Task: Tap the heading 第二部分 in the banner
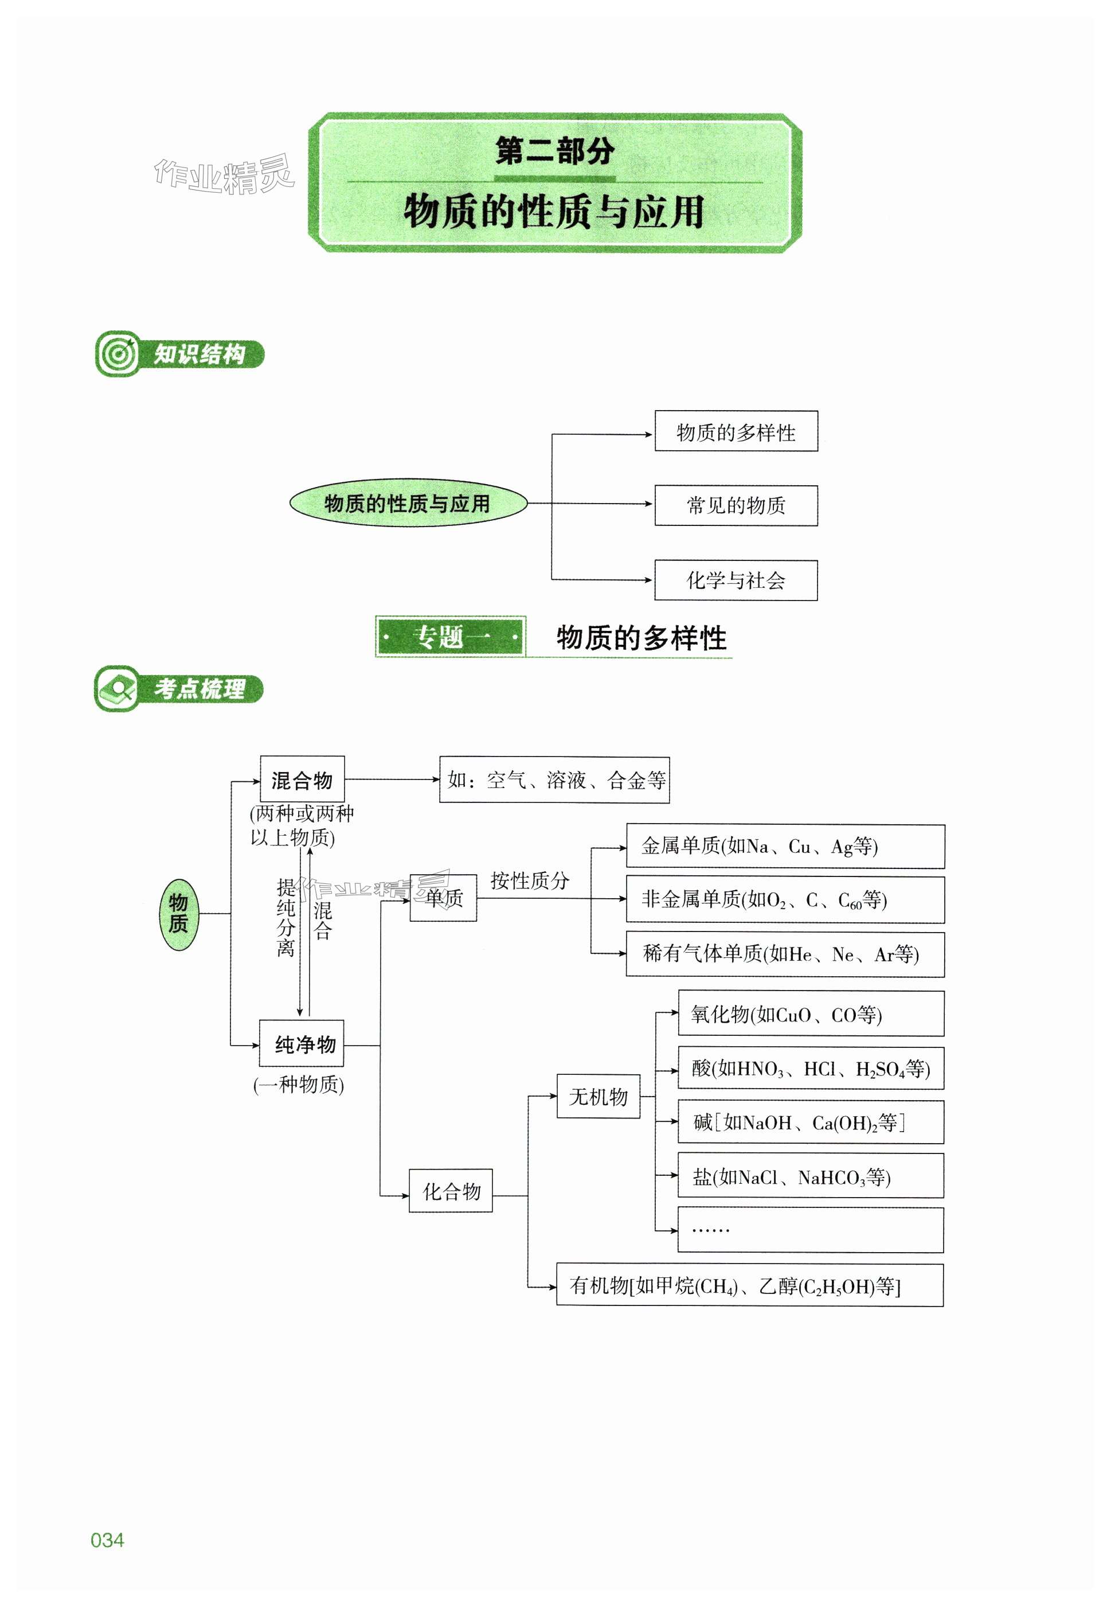555,151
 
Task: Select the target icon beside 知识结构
117,354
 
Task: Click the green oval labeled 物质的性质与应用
408,503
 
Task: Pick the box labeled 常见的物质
736,506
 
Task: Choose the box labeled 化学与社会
736,580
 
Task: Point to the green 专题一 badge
451,637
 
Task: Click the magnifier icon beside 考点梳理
117,689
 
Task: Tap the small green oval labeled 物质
178,913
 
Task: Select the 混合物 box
302,779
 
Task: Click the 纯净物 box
302,1044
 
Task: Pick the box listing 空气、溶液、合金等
555,780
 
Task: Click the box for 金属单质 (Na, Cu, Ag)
785,847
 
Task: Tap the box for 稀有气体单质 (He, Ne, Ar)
785,954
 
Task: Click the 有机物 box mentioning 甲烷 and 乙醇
750,1285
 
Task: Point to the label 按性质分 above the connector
530,881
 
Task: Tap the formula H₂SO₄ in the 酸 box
880,1070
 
